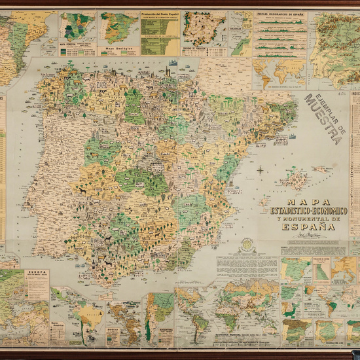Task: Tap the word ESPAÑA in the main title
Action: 310,230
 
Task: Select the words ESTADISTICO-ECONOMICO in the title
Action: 310,210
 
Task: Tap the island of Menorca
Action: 320,168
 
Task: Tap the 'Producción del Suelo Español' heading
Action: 160,14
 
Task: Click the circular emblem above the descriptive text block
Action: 246,246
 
